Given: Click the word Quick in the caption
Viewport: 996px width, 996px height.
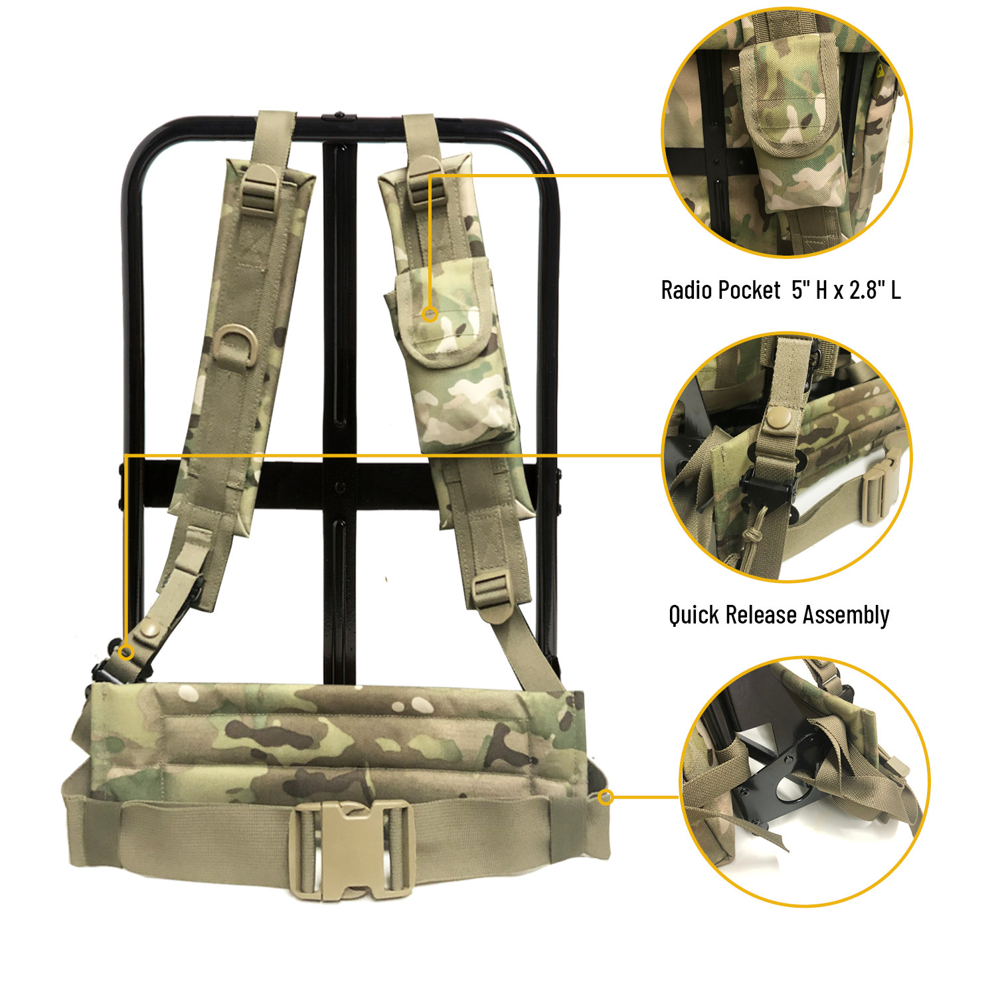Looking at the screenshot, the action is (694, 616).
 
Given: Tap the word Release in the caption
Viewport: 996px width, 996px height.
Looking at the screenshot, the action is (762, 614).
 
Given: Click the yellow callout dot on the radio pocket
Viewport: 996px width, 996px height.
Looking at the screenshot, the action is (430, 314).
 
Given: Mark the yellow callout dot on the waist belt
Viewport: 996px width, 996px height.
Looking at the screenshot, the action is (606, 797).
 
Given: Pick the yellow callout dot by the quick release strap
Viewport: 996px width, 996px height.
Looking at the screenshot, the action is (126, 653).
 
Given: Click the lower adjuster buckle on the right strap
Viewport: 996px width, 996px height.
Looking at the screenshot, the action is (492, 591).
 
